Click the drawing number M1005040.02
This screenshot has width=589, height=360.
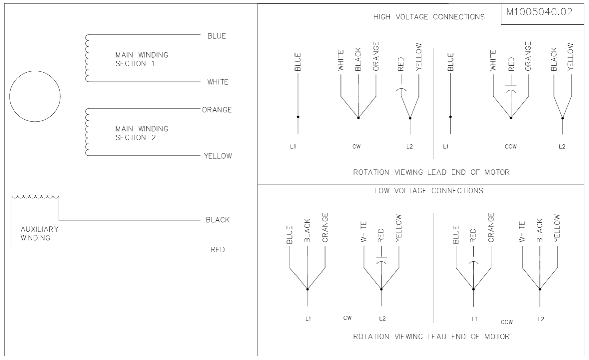point(539,12)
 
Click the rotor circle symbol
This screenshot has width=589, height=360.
point(35,71)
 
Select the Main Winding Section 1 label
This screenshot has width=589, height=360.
point(141,59)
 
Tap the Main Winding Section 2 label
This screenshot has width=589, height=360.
point(141,133)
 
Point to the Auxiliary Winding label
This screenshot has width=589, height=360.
point(40,233)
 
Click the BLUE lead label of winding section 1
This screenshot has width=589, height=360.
point(217,36)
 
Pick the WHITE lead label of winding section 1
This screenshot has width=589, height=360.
point(218,82)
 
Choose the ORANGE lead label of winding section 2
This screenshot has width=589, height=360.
point(217,110)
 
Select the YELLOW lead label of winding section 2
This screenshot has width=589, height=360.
point(218,156)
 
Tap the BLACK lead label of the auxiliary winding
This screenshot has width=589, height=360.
point(218,220)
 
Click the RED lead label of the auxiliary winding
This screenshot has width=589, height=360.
point(218,250)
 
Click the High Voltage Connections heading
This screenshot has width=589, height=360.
point(428,17)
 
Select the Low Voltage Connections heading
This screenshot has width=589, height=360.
point(428,191)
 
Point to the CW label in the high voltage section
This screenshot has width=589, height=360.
point(357,147)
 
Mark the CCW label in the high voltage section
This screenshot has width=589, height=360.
point(511,147)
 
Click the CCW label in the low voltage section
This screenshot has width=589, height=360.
point(507,322)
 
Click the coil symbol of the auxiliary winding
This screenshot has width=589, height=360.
point(35,197)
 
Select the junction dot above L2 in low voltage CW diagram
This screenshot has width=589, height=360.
point(381,289)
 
